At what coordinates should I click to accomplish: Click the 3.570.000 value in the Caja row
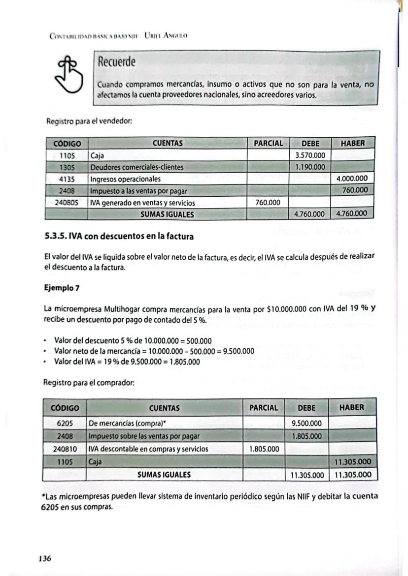tap(309, 155)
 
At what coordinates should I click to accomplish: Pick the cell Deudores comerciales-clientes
tap(136, 167)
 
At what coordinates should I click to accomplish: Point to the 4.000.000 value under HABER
tap(353, 179)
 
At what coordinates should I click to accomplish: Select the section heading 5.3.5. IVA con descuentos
tap(119, 236)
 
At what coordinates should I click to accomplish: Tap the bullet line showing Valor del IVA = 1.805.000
tap(127, 362)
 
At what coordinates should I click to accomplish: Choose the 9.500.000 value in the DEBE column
tap(306, 423)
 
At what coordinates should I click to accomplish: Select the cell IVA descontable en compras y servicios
tap(148, 449)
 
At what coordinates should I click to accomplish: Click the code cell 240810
tap(64, 449)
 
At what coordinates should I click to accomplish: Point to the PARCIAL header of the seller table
tap(268, 144)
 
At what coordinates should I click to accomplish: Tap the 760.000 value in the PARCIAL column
tap(268, 203)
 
